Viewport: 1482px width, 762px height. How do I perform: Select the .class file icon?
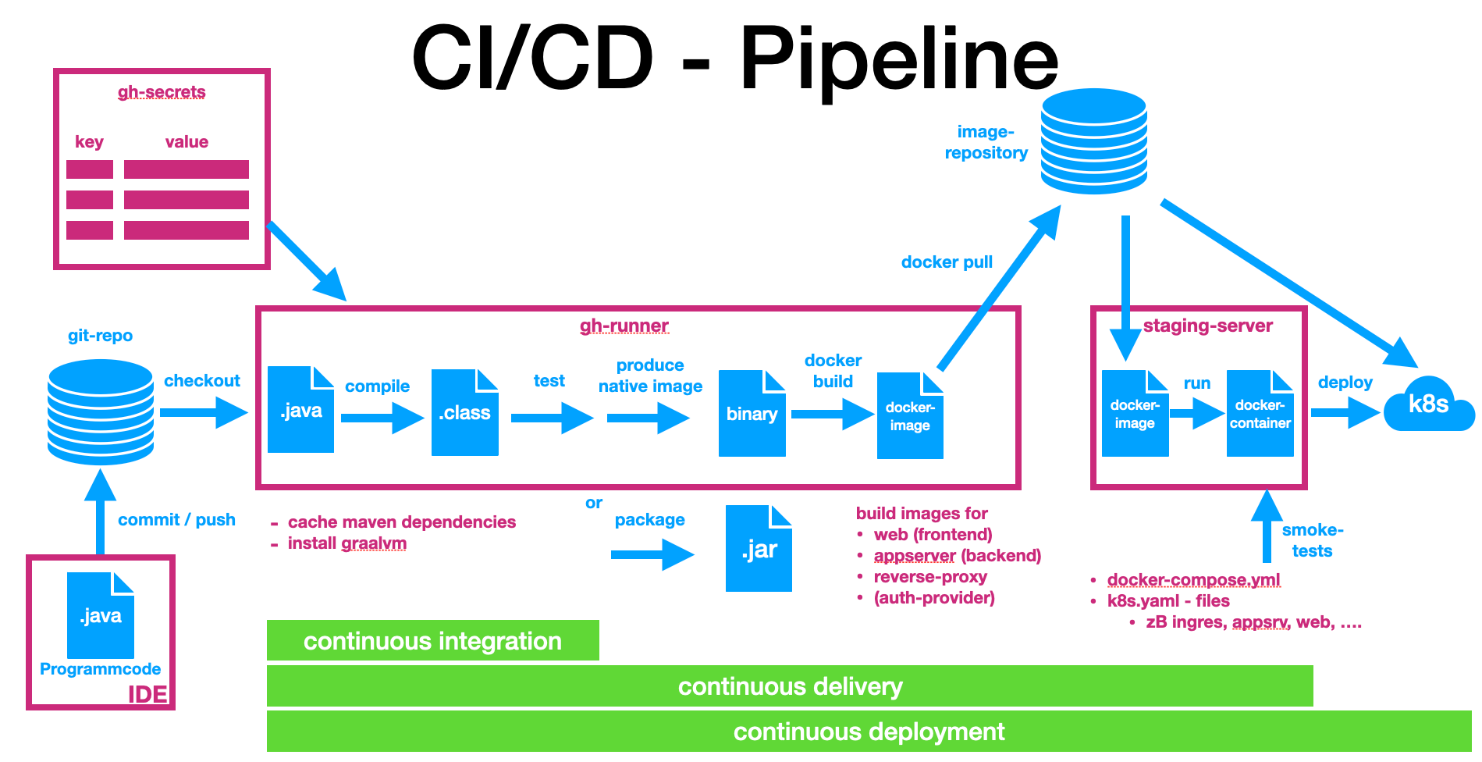pyautogui.click(x=464, y=412)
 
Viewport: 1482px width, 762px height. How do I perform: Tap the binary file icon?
pyautogui.click(x=752, y=414)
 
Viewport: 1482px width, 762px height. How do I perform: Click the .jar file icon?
pyautogui.click(x=759, y=549)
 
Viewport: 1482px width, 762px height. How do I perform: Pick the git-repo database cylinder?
pyautogui.click(x=101, y=411)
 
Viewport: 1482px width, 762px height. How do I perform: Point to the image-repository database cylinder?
pyautogui.click(x=1093, y=141)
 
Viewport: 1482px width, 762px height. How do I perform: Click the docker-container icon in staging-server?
pyautogui.click(x=1260, y=414)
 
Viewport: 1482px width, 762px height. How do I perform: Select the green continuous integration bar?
pyautogui.click(x=432, y=641)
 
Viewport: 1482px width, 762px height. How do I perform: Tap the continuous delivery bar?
pyautogui.click(x=790, y=686)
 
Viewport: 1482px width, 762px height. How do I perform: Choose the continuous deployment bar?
pyautogui.click(x=869, y=732)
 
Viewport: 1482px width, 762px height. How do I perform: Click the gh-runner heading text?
pyautogui.click(x=624, y=326)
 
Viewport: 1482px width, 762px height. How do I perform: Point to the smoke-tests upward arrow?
pyautogui.click(x=1267, y=527)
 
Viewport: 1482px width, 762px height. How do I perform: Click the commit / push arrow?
pyautogui.click(x=100, y=511)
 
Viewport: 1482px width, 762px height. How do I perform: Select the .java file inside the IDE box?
pyautogui.click(x=101, y=615)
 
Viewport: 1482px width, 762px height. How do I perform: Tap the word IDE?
pyautogui.click(x=147, y=694)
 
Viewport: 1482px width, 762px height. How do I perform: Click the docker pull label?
pyautogui.click(x=947, y=262)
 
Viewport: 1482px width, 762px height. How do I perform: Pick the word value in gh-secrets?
pyautogui.click(x=187, y=142)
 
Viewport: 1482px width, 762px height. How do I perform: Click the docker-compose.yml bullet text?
pyautogui.click(x=1193, y=579)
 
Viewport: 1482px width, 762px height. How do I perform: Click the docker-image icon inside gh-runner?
pyautogui.click(x=910, y=416)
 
